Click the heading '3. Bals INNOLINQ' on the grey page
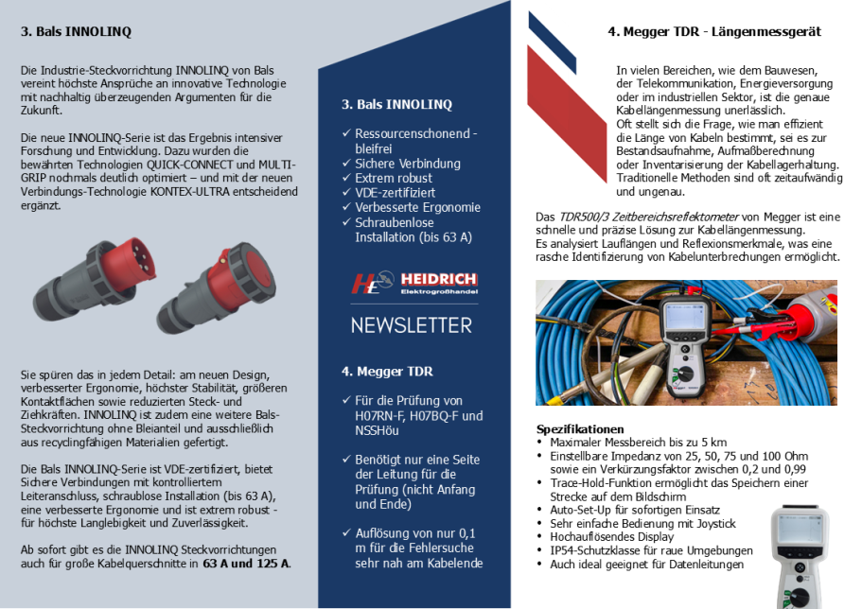76,31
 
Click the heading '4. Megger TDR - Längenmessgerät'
714,31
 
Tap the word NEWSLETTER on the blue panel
412,325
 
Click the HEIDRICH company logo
414,283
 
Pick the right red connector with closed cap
217,287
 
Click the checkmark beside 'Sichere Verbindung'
346,164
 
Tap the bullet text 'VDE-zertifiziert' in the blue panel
395,193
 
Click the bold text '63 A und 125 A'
246,564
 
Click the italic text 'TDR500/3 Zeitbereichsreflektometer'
649,217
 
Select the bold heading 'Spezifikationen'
580,429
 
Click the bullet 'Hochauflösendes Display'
612,537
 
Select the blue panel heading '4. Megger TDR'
387,372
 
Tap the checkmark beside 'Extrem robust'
346,178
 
